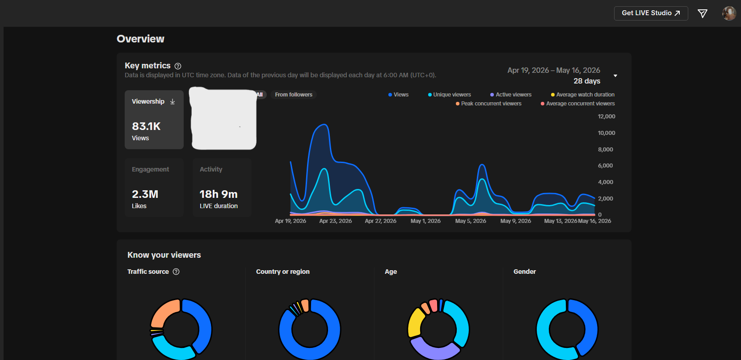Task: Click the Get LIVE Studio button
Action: (x=651, y=13)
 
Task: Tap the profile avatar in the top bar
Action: (x=729, y=13)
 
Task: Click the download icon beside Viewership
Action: (x=173, y=101)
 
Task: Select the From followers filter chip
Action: (x=294, y=95)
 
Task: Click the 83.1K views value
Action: (x=146, y=126)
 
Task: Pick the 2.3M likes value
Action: (x=145, y=194)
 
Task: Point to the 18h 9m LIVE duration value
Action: (x=219, y=194)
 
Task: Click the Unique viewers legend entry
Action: (x=449, y=95)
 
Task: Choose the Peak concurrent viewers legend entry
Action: (x=488, y=104)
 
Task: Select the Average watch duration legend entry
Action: (x=582, y=95)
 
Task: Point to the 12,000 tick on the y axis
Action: (x=606, y=117)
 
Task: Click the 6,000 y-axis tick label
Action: (x=606, y=166)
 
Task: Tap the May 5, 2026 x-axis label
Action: (x=471, y=221)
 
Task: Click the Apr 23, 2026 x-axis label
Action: (x=336, y=221)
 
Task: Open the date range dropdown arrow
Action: (x=615, y=75)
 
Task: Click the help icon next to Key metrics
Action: (x=177, y=66)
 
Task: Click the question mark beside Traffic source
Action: (x=176, y=272)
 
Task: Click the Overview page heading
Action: (x=140, y=39)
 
